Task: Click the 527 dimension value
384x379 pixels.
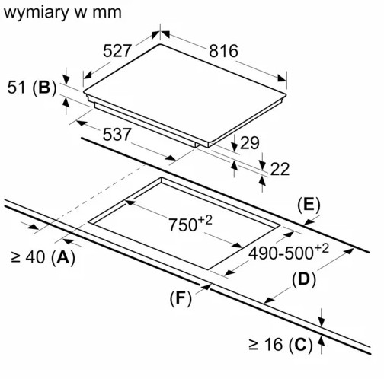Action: click(118, 51)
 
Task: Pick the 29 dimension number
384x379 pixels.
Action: click(249, 142)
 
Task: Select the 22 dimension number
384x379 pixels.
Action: click(280, 169)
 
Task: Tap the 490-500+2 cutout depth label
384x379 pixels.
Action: click(290, 251)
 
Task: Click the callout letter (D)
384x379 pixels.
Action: click(302, 279)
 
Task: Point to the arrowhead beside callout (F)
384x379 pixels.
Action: click(204, 287)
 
